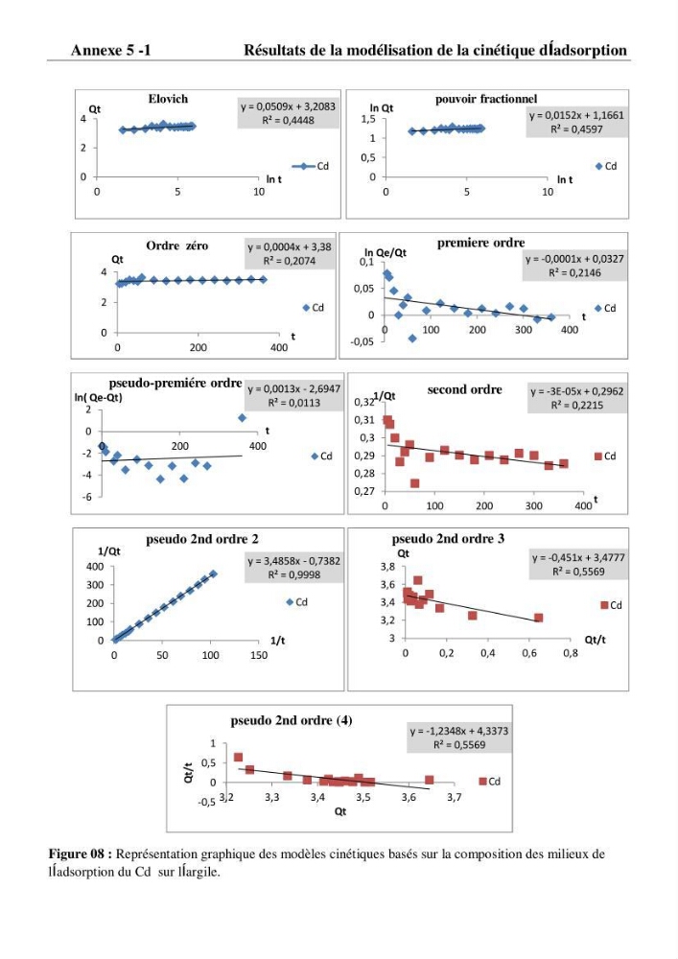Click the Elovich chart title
(168, 99)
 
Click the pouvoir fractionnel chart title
(486, 99)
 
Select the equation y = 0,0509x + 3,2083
(288, 106)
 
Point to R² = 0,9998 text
(294, 574)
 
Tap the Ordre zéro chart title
(176, 246)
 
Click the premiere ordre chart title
(480, 243)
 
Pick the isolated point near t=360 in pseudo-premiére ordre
(242, 418)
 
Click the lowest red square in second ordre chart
(414, 483)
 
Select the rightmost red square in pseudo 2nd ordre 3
(538, 618)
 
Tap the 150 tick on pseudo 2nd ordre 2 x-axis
(259, 655)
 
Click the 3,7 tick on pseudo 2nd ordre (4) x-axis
(454, 798)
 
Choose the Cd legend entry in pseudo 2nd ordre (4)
(490, 781)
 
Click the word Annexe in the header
(97, 50)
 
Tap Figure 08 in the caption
(80, 854)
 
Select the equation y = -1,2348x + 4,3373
(459, 731)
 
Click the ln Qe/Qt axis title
(386, 252)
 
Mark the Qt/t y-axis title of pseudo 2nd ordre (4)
(188, 772)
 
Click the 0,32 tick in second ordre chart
(363, 403)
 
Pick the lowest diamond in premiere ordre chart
(412, 339)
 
